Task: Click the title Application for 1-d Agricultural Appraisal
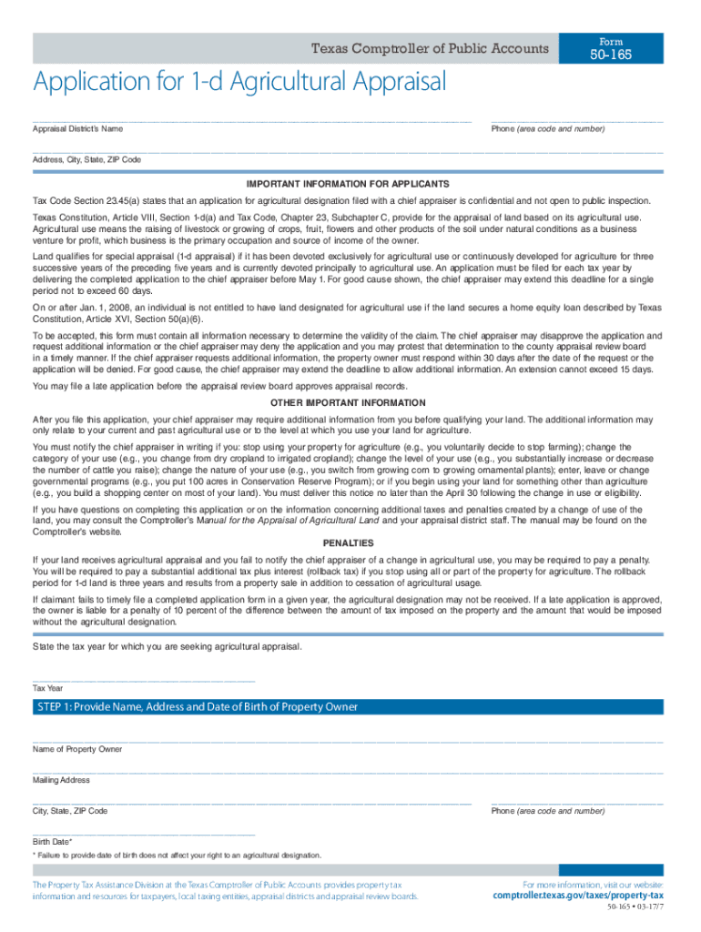tap(239, 83)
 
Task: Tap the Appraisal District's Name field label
tap(77, 129)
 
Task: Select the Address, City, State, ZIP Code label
tap(86, 159)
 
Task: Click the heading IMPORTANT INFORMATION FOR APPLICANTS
tap(348, 184)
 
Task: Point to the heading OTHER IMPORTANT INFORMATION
tap(348, 402)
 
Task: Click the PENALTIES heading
tap(348, 541)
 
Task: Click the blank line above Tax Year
tap(144, 679)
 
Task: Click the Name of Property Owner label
tap(77, 749)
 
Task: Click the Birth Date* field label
tap(53, 842)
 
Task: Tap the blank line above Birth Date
tap(144, 833)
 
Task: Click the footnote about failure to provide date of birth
tap(178, 856)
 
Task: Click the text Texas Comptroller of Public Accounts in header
tap(430, 48)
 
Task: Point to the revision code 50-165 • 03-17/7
tap(635, 910)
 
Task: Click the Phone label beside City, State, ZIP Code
tap(547, 811)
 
